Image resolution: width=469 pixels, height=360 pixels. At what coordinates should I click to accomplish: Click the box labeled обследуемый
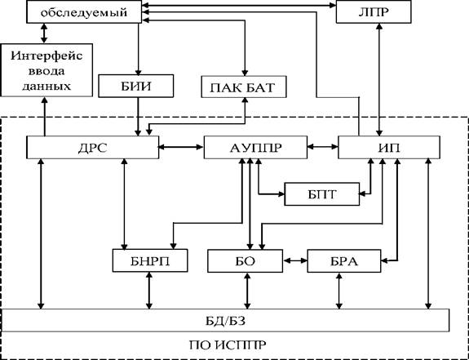(84, 12)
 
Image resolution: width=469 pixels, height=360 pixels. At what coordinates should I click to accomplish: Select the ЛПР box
(374, 12)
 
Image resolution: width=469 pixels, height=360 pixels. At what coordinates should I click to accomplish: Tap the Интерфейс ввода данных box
(46, 70)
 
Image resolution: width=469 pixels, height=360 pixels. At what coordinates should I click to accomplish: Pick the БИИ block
(135, 86)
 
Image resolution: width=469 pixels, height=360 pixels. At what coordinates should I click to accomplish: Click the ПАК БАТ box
(244, 87)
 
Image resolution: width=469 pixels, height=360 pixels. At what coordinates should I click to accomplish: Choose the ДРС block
(92, 147)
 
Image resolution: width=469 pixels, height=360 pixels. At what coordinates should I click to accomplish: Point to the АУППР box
(255, 147)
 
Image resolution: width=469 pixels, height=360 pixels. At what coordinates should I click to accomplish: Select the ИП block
(389, 147)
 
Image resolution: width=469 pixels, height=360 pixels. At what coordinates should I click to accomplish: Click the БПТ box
(322, 194)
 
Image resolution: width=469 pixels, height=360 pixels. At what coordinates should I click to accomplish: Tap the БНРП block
(150, 260)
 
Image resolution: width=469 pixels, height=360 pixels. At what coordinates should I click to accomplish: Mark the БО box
(245, 261)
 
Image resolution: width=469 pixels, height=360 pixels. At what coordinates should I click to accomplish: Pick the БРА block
(344, 261)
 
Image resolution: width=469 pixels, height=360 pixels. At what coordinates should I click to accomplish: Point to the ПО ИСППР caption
(228, 345)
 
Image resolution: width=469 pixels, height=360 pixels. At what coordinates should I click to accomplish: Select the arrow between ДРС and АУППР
(181, 147)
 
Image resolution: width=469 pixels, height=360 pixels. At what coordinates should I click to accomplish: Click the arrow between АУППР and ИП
(323, 147)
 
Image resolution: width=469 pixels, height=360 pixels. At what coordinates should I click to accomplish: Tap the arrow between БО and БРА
(295, 260)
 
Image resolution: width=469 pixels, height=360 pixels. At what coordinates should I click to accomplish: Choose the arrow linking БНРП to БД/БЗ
(149, 291)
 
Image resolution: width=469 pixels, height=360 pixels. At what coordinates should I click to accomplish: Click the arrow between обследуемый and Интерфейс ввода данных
(44, 33)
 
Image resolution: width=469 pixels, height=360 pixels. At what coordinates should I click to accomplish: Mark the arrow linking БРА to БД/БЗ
(338, 291)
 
